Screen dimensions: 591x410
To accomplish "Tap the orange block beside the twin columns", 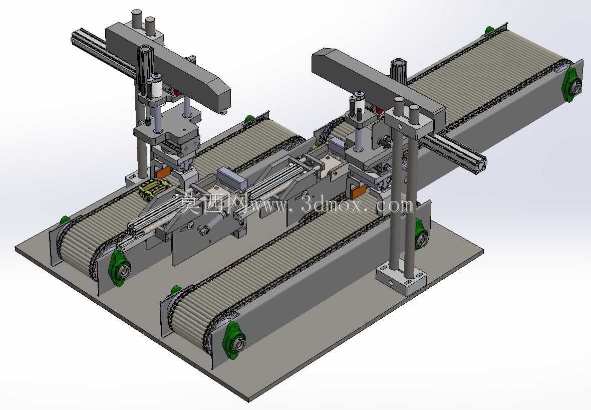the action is [x=358, y=192].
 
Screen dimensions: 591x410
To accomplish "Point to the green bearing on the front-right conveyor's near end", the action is [x=234, y=341].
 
